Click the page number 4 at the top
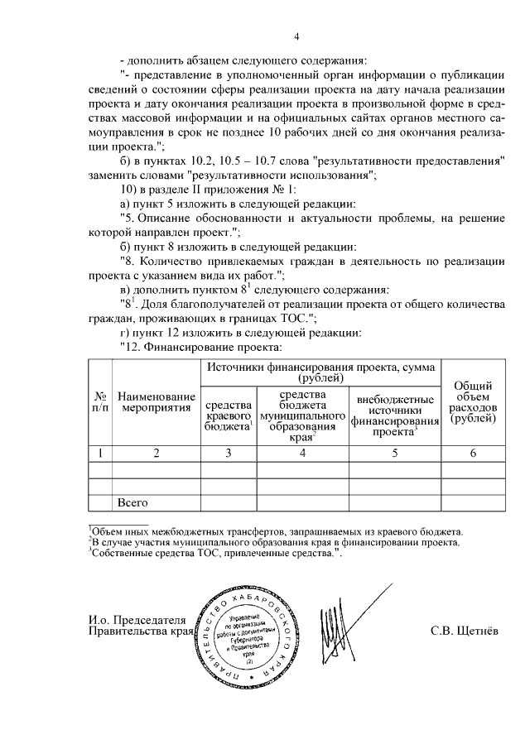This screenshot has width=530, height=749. tap(297, 36)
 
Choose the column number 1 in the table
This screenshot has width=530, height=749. tap(100, 453)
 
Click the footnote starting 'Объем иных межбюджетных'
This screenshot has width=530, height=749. tap(277, 531)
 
